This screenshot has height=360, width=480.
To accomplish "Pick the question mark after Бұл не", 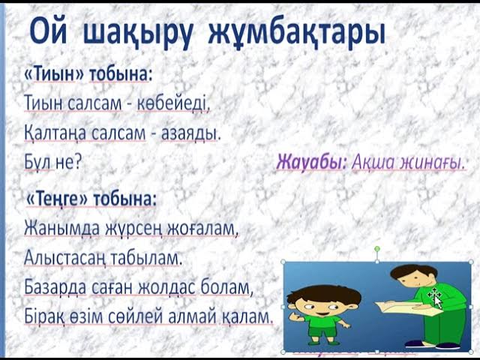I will tap(78, 161).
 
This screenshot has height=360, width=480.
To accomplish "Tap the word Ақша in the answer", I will tap(375, 161).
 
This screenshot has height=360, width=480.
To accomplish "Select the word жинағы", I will tap(433, 161).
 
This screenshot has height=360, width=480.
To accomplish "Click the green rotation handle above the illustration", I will tap(377, 247).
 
